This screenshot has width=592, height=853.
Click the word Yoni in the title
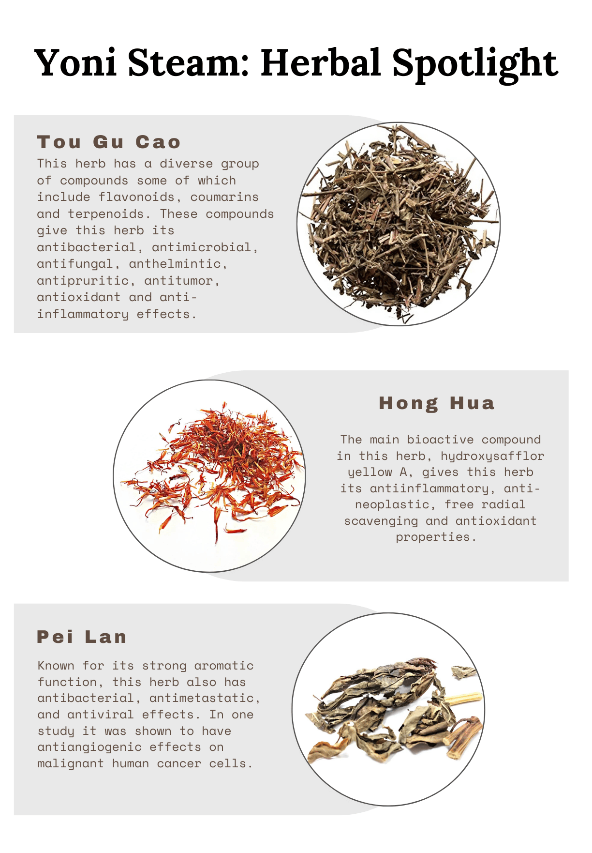click(75, 63)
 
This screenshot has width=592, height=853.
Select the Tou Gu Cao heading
click(109, 142)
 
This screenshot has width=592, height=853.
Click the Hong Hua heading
click(437, 403)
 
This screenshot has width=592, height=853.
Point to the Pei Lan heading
click(82, 637)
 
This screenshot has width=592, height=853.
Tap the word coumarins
click(224, 197)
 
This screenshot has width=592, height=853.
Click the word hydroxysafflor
click(492, 456)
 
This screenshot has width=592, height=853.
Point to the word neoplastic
click(392, 505)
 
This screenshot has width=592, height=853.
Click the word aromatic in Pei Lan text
click(223, 666)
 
